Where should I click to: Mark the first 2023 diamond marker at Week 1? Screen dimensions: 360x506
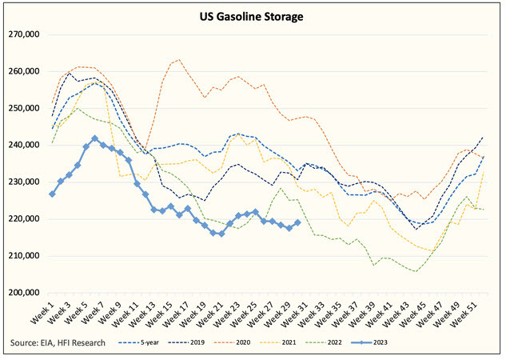(52, 194)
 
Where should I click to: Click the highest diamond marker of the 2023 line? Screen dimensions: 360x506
(95, 138)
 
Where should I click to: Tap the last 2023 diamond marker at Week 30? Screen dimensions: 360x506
(298, 223)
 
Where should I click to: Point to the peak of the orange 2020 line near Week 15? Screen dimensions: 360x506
(177, 59)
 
